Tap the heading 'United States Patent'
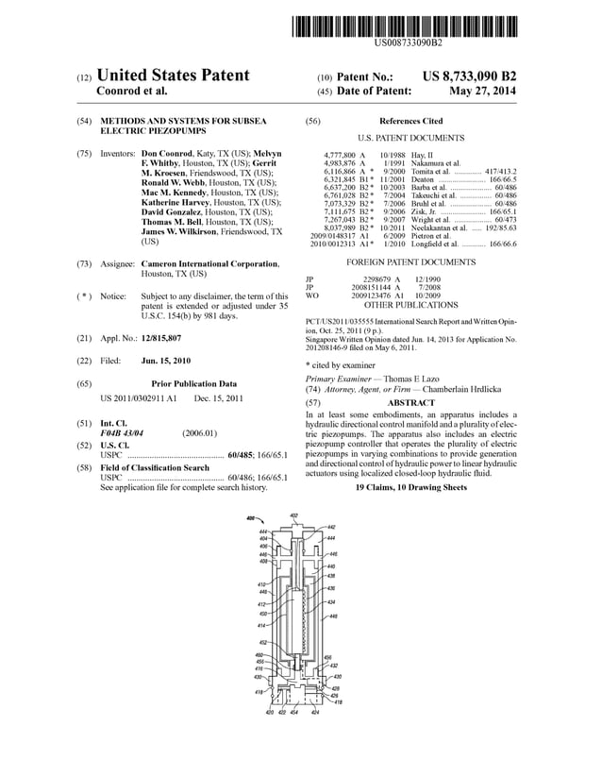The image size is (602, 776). point(173,76)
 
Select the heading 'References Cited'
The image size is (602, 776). point(410,122)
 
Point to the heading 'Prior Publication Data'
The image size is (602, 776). point(194,384)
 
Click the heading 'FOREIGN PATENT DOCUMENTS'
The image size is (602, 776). point(410,261)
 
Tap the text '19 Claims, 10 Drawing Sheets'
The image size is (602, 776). point(410,487)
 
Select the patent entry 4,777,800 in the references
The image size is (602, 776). point(339,154)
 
